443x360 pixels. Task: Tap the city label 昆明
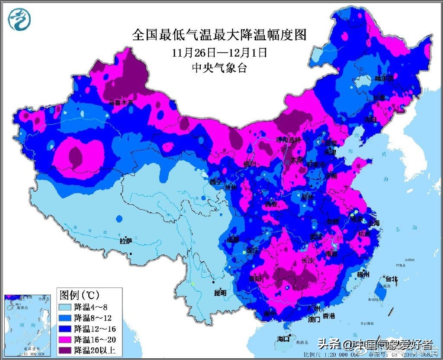[220, 293]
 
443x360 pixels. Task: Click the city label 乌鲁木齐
[121, 103]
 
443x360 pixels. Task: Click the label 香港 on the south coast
[329, 316]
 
